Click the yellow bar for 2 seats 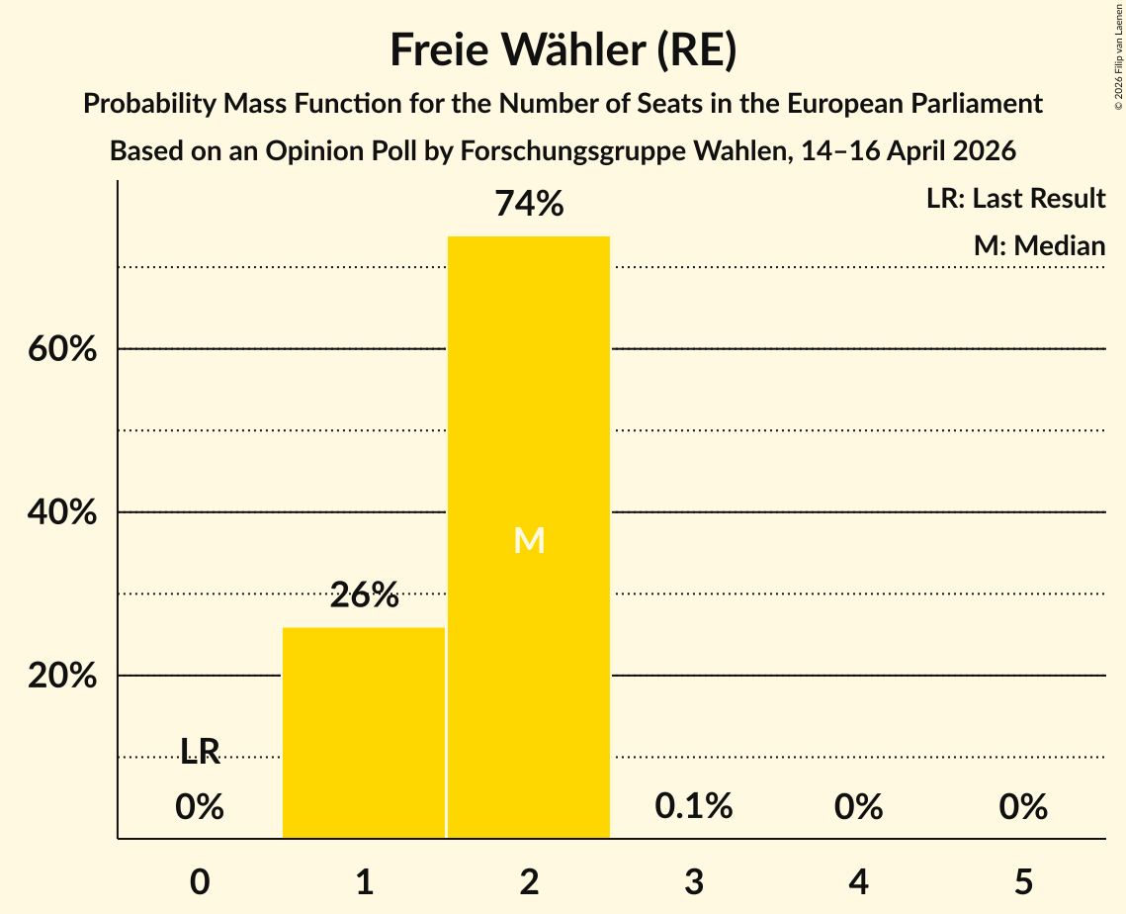coord(529,537)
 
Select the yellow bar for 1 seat coord(364,733)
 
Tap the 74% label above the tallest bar coord(529,204)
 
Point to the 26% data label coord(364,594)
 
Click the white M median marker coord(529,540)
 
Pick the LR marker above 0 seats coord(200,750)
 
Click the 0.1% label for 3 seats coord(694,806)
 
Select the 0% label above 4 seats coord(859,806)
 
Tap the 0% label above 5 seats coord(1023,806)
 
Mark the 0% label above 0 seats coord(200,806)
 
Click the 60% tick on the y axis coord(62,349)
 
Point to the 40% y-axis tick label coord(62,512)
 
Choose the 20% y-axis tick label coord(62,676)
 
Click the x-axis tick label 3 coord(694,881)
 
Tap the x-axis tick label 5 coord(1023,881)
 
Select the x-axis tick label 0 coord(200,881)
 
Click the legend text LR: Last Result coord(1015,198)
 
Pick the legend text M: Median coord(1039,245)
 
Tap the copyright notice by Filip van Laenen coord(1118,56)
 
